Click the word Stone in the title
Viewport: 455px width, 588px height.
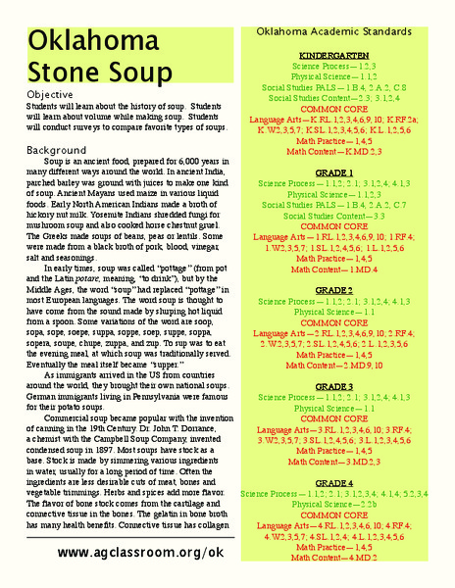click(60, 72)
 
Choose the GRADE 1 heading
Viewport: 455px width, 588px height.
click(334, 173)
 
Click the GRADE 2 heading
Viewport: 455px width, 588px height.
click(334, 290)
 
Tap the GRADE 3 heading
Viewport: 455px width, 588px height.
click(334, 387)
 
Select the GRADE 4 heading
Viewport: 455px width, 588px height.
click(334, 484)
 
